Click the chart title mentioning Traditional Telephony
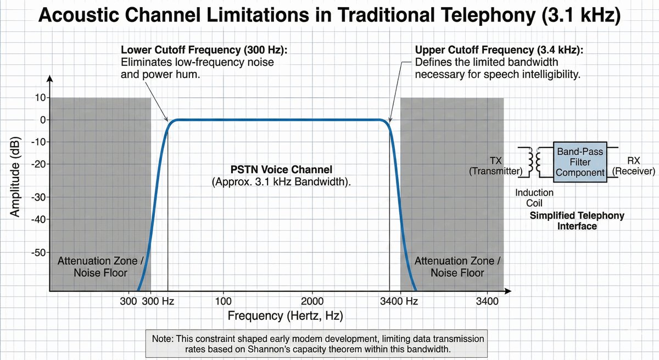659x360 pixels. click(329, 15)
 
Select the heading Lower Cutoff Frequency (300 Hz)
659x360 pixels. click(204, 50)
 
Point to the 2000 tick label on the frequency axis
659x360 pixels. click(312, 301)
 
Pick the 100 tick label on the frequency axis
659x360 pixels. click(223, 301)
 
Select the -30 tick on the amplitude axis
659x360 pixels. click(40, 197)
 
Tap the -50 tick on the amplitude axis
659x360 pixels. click(40, 253)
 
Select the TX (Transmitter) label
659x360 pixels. click(495, 166)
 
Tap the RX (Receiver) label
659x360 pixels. click(634, 166)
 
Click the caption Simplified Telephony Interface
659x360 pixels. click(577, 220)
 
